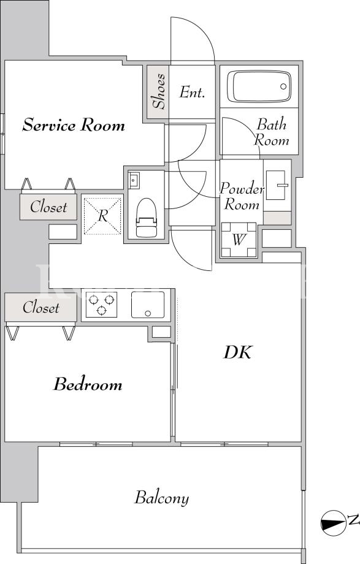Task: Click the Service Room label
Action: click(74, 125)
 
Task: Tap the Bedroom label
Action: click(88, 384)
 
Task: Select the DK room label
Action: click(237, 352)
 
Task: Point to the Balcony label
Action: click(162, 498)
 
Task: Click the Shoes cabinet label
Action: click(158, 91)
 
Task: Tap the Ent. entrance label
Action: click(192, 93)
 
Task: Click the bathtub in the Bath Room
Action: click(259, 86)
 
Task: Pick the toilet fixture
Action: click(147, 217)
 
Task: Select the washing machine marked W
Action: click(239, 240)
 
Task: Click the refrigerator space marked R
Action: click(102, 216)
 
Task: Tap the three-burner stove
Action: click(102, 304)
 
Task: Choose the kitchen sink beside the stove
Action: click(148, 305)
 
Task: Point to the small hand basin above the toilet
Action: click(134, 180)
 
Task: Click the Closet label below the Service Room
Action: click(48, 207)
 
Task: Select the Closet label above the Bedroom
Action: click(40, 308)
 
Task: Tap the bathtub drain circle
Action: click(283, 86)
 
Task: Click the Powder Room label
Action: click(242, 196)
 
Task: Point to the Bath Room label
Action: click(271, 132)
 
